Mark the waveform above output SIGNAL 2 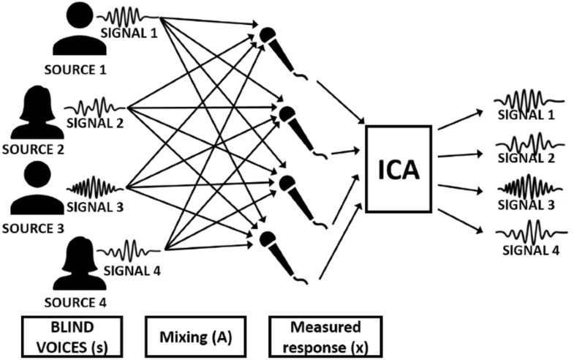coord(528,140)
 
